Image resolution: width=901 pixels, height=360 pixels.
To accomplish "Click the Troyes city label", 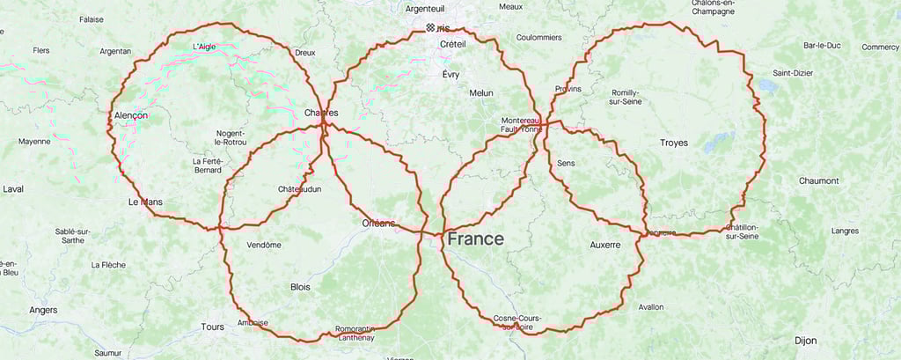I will click(674, 142).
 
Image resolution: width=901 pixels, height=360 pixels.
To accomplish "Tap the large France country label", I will click(475, 239).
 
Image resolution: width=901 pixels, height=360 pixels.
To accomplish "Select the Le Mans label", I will click(145, 202).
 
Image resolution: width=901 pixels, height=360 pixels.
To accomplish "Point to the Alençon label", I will click(131, 115).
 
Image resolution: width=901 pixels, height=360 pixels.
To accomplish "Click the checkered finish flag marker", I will click(429, 28).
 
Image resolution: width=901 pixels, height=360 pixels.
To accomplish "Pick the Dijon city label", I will click(805, 340).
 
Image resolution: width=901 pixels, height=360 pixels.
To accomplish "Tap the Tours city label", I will click(212, 327).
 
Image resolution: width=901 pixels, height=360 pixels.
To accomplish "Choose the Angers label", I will click(43, 310).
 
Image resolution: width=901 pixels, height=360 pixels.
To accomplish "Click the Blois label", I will click(300, 287).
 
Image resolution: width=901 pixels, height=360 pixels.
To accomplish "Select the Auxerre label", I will click(605, 244).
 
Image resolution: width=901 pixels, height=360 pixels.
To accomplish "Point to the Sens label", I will click(566, 164).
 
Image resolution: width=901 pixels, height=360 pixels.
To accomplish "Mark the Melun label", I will click(481, 92).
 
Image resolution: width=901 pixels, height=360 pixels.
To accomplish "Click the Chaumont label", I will click(818, 180).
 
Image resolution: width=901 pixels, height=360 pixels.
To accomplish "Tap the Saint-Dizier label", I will click(792, 72).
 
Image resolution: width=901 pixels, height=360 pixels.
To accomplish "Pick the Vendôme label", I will click(264, 245).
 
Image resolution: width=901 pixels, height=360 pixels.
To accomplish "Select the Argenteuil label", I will click(426, 8).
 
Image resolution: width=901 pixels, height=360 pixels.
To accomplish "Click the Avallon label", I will click(651, 307).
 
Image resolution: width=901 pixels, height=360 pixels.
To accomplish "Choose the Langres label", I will click(845, 231).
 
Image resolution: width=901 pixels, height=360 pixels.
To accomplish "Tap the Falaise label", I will click(92, 18).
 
